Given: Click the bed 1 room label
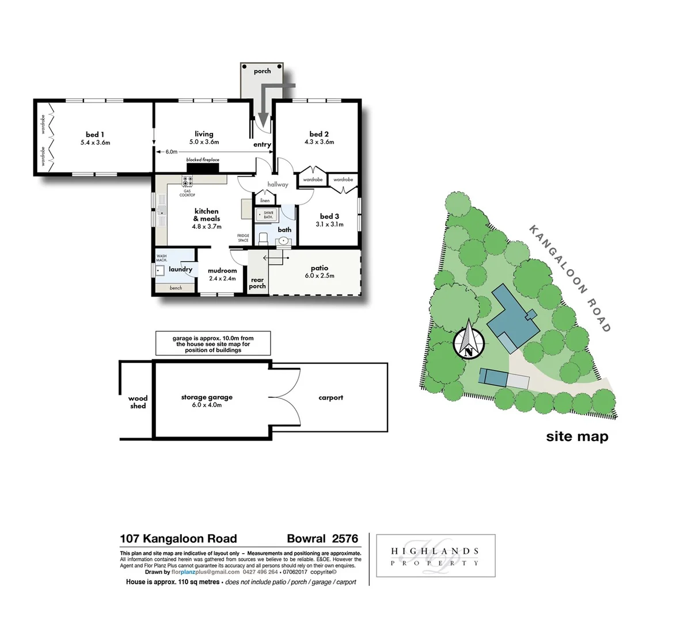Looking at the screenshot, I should (x=95, y=135).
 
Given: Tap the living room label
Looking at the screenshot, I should (x=204, y=134).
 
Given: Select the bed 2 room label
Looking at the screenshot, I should (x=319, y=134).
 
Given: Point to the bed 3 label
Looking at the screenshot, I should (x=329, y=217).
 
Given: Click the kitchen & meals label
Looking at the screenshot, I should (x=207, y=215).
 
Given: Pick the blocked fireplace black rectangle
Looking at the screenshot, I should (x=203, y=168).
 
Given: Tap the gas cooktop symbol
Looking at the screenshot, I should (x=188, y=182).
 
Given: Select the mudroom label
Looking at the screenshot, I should (x=222, y=271).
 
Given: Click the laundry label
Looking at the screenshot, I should (x=180, y=269).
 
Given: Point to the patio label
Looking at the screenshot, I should (x=320, y=268).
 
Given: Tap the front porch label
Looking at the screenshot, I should (x=262, y=71).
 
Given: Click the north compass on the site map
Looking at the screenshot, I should (x=469, y=342).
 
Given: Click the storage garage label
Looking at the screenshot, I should (x=207, y=397).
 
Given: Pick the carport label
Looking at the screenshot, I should (x=330, y=397).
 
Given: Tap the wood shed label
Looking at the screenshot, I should (x=138, y=402).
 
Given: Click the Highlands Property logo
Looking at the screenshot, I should (x=435, y=556).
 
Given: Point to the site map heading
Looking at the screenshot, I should (x=577, y=436).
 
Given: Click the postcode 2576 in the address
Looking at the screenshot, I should (x=345, y=539).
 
